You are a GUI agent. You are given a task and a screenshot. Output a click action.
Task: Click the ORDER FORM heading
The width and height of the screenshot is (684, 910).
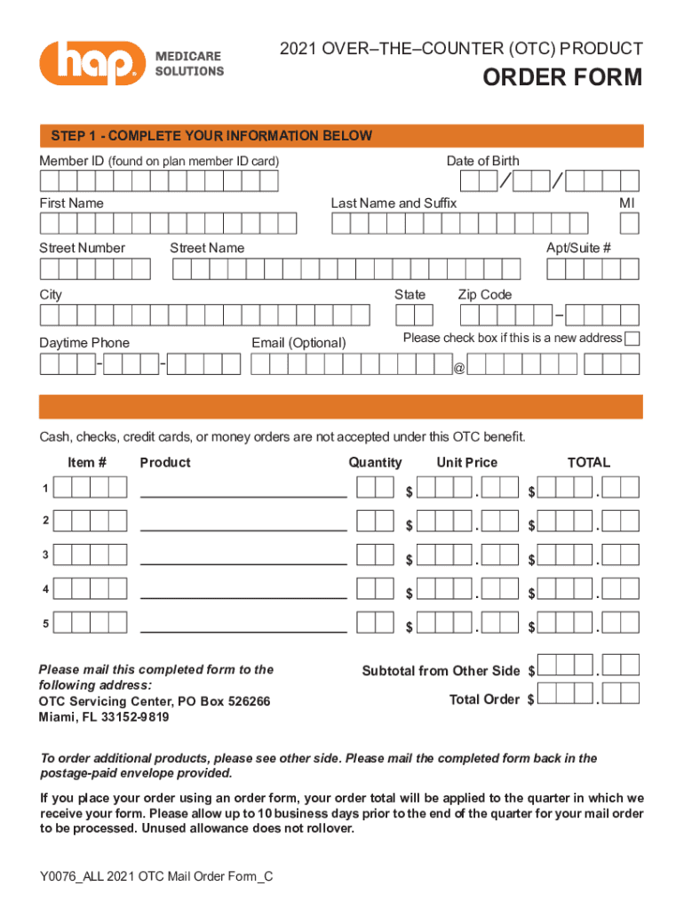tap(561, 78)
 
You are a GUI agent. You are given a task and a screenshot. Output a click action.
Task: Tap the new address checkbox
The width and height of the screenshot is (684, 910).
tap(632, 339)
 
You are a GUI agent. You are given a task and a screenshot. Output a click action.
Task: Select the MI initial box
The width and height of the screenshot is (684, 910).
tap(629, 222)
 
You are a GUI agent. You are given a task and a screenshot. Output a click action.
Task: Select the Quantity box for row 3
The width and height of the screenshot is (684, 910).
tap(374, 555)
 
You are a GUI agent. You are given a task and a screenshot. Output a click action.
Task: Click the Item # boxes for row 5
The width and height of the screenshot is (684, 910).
tap(90, 622)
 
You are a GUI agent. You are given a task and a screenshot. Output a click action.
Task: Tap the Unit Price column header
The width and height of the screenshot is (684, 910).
tap(466, 462)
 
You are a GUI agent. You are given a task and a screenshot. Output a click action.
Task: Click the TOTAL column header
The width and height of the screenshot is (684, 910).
tap(589, 462)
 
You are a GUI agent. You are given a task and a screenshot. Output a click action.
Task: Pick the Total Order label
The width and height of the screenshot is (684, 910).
tap(484, 699)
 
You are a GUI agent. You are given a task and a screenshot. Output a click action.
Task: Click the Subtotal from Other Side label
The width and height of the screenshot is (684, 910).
tap(441, 671)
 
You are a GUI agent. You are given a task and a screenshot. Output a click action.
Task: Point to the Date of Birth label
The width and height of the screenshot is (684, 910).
tap(483, 161)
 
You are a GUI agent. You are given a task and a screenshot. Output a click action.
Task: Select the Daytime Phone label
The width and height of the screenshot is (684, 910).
tap(84, 343)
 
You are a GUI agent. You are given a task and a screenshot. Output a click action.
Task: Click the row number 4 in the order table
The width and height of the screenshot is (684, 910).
tap(45, 589)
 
